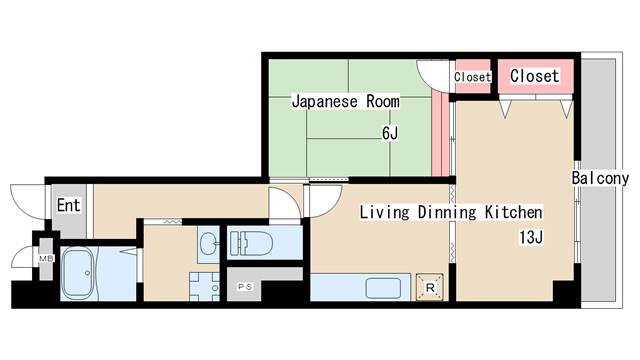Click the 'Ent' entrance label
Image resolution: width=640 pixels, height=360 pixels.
[68, 206]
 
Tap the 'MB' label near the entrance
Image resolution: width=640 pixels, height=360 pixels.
[44, 259]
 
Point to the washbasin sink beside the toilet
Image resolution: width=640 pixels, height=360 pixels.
[207, 242]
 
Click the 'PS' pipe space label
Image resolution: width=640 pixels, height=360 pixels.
[244, 287]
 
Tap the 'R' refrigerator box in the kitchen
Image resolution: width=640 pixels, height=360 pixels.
[429, 287]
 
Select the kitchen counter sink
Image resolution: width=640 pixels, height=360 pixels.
[384, 288]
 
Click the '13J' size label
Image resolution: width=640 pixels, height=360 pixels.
[530, 237]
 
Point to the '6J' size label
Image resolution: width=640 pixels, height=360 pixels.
[389, 133]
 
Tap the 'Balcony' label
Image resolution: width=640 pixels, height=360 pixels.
[600, 178]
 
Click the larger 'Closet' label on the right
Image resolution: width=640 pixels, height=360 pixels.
[535, 76]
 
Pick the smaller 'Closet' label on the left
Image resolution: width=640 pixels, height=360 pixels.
[472, 77]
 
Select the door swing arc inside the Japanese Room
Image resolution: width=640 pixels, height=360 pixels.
[432, 76]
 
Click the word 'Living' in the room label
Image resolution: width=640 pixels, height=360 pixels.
[382, 212]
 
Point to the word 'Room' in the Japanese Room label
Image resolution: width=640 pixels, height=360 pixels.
[381, 101]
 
